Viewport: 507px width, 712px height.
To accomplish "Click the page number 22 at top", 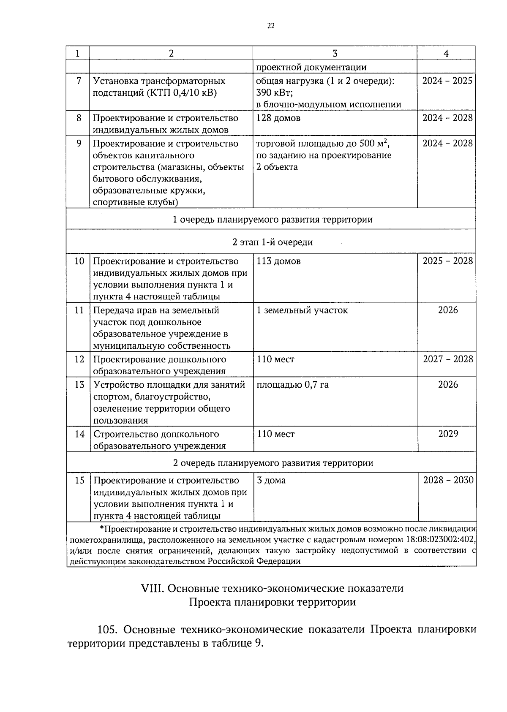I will (271, 26).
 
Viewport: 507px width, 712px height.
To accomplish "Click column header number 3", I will (335, 53).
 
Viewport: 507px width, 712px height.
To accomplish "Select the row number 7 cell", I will (79, 81).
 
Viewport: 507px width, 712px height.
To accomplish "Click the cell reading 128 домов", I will (278, 118).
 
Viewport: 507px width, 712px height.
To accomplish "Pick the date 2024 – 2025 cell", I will (447, 81).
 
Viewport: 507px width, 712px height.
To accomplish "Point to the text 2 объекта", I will (277, 167).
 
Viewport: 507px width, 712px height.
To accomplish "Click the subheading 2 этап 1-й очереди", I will (273, 242).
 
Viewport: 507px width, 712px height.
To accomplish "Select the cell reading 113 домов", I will (279, 261).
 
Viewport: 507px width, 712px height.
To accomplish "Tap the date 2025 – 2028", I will (447, 261).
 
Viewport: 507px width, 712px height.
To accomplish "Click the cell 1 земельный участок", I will (303, 310).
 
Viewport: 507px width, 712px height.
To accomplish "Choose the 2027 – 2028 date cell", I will (447, 359).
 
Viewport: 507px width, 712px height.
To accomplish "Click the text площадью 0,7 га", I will (293, 385).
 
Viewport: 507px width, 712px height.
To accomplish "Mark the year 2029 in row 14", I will (448, 434).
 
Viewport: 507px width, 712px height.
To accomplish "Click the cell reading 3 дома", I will (271, 481).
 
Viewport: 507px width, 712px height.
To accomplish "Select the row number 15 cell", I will (79, 481).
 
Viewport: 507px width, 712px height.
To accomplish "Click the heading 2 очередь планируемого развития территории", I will (273, 463).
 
